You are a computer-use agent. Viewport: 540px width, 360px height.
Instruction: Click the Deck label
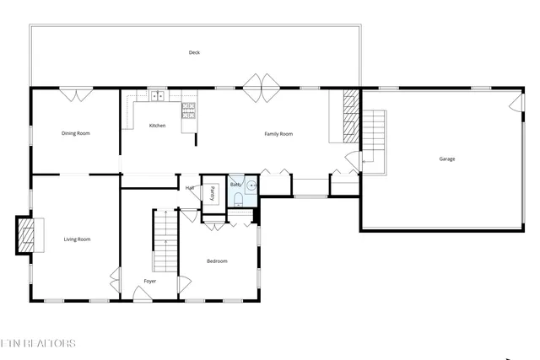(x=194, y=53)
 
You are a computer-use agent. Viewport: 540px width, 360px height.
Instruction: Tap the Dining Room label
(x=75, y=133)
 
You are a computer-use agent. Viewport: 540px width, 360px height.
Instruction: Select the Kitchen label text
(x=158, y=126)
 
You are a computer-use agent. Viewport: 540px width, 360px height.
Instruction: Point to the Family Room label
(x=278, y=134)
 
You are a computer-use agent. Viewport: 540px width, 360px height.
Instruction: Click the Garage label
(x=446, y=159)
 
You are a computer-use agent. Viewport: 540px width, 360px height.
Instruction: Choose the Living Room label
(x=77, y=239)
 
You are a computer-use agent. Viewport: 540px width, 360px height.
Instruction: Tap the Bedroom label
(x=217, y=261)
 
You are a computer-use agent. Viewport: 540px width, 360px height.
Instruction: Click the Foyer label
(x=149, y=281)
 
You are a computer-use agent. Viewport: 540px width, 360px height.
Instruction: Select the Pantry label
(x=213, y=192)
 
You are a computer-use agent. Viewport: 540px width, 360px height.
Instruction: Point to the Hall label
(x=190, y=187)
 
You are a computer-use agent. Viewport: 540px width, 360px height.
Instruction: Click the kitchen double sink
(x=157, y=96)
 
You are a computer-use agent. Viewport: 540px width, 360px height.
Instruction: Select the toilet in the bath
(x=239, y=199)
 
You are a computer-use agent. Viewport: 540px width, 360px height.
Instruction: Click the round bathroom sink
(x=251, y=185)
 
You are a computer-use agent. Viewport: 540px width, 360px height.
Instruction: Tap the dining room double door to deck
(x=76, y=95)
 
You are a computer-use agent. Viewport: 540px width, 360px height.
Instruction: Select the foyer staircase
(x=165, y=240)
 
